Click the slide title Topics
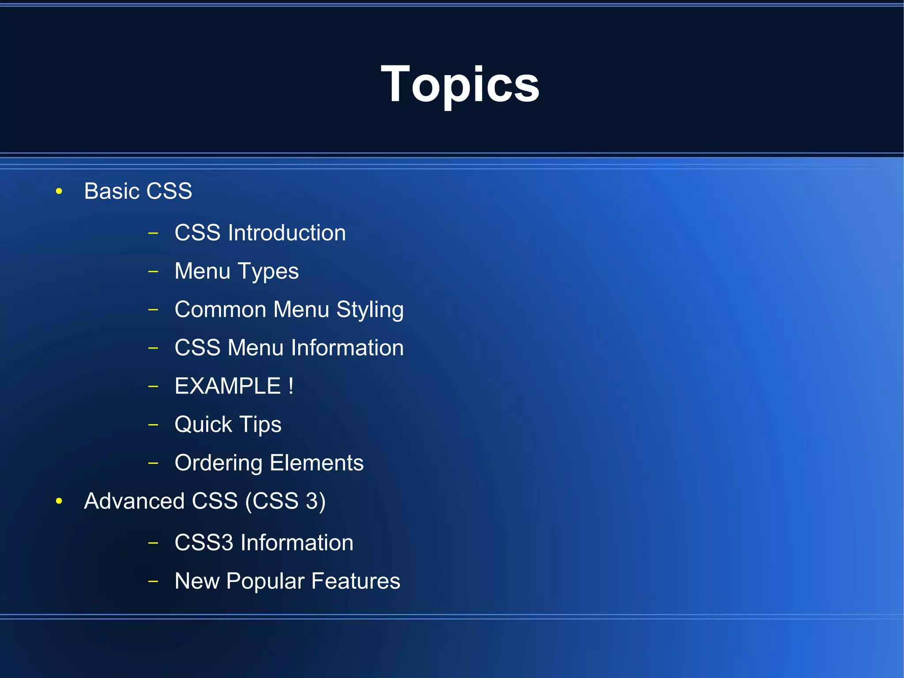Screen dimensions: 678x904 click(460, 84)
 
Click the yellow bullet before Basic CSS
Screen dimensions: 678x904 click(59, 191)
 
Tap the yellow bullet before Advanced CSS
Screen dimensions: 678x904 click(59, 501)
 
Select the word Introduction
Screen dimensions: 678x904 click(286, 233)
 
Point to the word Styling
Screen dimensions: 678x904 click(370, 310)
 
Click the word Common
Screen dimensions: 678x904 click(220, 309)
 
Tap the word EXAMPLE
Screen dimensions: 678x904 click(228, 386)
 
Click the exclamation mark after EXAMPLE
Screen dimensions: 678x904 click(291, 386)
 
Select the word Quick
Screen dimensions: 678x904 click(203, 424)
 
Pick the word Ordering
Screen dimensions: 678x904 click(218, 463)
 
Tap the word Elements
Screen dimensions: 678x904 click(316, 463)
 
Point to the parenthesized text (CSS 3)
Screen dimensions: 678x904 click(285, 501)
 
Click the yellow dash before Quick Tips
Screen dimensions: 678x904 click(153, 425)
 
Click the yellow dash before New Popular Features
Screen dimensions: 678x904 click(153, 581)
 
